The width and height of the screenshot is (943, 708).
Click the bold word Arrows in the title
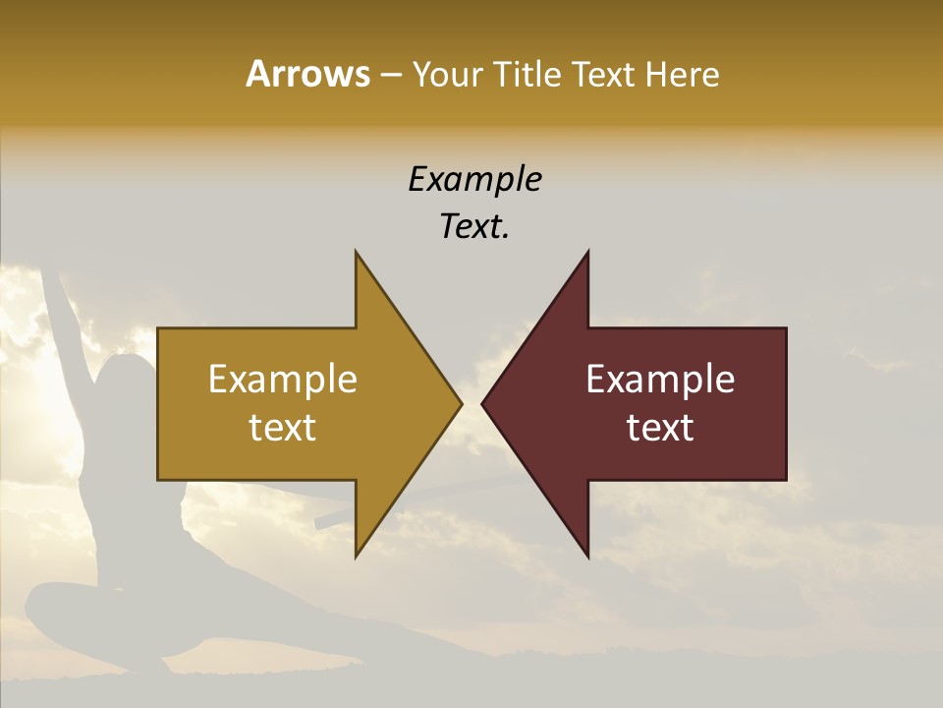coord(307,74)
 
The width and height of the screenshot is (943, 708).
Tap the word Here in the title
coord(682,74)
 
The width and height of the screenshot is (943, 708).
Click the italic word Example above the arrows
coord(475,180)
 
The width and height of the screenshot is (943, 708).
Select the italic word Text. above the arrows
coord(475,227)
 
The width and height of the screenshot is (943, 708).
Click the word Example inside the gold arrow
coord(283,380)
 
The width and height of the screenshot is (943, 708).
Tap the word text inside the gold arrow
coord(283,428)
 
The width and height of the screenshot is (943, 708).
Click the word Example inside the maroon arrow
coord(660,380)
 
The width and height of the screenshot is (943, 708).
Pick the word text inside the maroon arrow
coord(660,428)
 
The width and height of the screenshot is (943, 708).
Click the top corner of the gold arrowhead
coord(357,254)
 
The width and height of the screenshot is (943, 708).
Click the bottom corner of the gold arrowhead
coord(357,556)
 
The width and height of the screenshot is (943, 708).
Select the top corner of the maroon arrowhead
coord(587,254)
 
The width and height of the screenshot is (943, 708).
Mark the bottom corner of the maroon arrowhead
coord(587,556)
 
